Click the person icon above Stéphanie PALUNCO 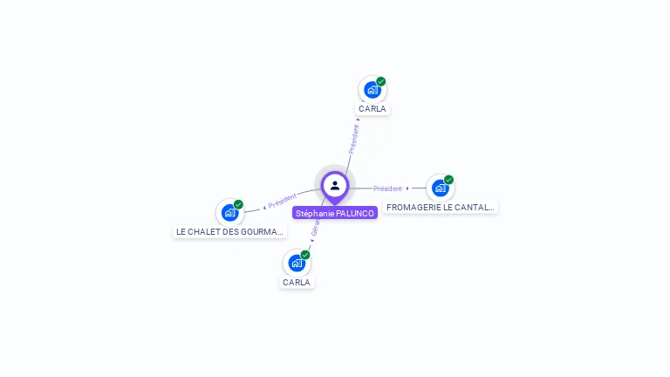tap(335, 185)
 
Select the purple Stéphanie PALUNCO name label tap(335, 213)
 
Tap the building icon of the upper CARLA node tap(373, 89)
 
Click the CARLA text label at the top tap(373, 109)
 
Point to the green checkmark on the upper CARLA tap(381, 81)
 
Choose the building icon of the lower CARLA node tap(297, 263)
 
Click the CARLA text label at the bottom tap(297, 283)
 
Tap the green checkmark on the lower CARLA tap(305, 255)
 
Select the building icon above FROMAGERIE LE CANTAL tap(441, 188)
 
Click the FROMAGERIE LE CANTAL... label tap(441, 208)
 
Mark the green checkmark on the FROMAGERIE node tap(449, 180)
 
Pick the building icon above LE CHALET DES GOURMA tap(230, 212)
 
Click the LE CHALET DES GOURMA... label tap(230, 232)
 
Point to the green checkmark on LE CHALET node tap(239, 204)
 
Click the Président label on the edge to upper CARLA tap(353, 140)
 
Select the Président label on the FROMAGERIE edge tap(387, 188)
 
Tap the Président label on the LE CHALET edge tap(284, 200)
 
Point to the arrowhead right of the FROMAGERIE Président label tap(407, 188)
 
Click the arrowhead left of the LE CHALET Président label tap(264, 207)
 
